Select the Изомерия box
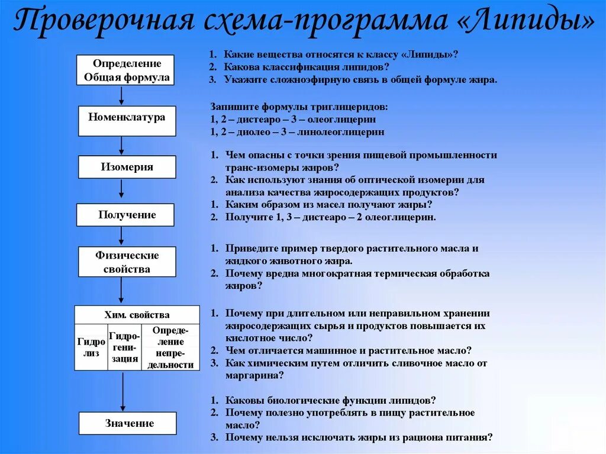127,167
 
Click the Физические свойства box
127,262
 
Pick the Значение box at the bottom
128,423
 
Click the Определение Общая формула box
127,70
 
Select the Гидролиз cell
91,347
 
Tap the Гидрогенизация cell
124,347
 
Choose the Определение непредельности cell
171,347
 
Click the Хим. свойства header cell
137,315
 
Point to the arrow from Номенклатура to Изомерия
121,145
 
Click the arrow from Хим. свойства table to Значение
123,391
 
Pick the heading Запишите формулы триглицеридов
299,107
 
